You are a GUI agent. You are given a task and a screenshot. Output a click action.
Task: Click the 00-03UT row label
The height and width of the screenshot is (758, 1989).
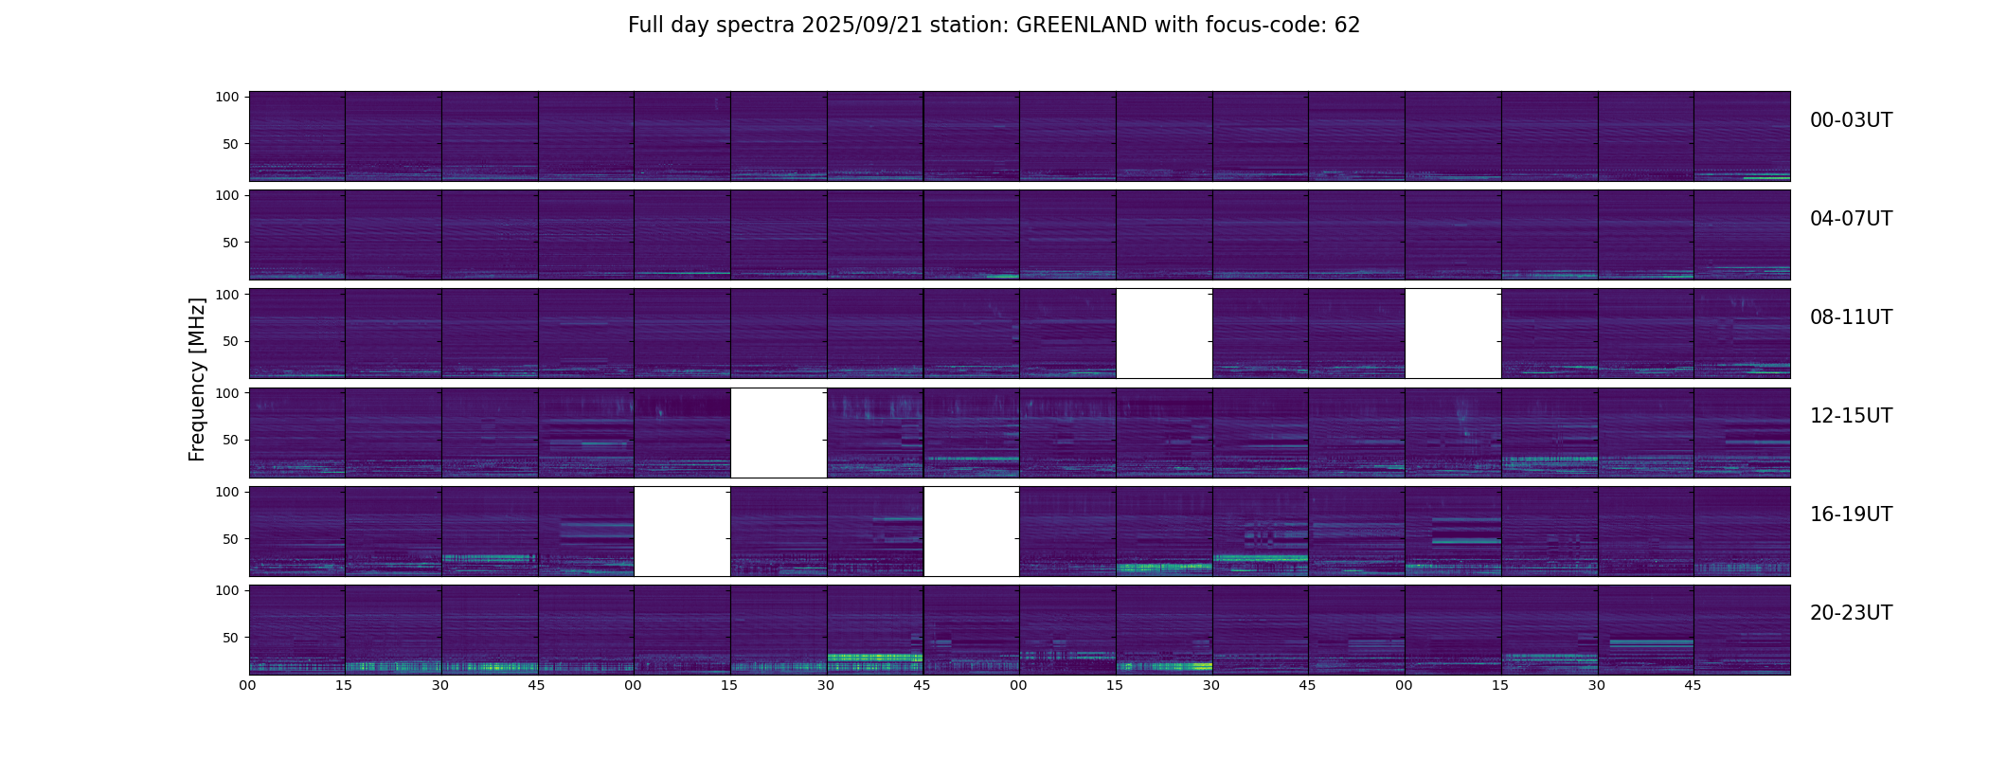coord(1851,120)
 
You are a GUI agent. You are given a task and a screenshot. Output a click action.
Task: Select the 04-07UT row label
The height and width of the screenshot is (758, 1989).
coord(1851,219)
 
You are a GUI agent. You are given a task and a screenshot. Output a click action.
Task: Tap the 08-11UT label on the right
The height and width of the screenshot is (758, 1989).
coord(1851,317)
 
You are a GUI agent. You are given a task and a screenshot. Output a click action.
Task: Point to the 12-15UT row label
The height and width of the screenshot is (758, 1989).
coord(1851,416)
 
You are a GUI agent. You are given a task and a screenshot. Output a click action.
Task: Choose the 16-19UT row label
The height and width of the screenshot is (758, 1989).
coord(1851,514)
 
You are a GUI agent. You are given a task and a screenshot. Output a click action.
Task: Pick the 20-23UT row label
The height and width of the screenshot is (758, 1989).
coord(1851,613)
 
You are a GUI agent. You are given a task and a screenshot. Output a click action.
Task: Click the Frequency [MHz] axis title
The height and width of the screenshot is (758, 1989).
coord(197,379)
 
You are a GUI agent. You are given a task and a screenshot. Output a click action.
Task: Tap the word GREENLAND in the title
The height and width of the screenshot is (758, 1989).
coord(1082,26)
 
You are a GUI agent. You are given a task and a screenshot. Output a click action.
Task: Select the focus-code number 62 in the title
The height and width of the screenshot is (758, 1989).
coord(1347,26)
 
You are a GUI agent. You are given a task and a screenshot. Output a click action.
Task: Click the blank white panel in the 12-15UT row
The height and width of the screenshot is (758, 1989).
coord(779,432)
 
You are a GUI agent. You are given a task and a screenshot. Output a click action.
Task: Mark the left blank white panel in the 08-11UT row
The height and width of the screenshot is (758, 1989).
coord(1164,334)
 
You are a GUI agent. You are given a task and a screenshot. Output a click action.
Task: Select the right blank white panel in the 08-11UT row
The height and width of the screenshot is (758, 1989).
coord(1453,334)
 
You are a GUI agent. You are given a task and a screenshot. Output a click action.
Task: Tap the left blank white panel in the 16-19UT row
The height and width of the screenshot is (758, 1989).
coord(682,531)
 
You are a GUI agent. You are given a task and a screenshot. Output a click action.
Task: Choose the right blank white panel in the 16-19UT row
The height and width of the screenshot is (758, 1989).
coord(971,531)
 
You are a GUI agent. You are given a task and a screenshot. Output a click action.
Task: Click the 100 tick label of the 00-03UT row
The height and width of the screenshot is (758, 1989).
coord(227,97)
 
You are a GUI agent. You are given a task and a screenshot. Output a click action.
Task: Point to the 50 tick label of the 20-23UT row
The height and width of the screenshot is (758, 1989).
coord(230,638)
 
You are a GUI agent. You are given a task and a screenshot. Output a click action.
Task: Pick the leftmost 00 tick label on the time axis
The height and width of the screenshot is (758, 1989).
coord(248,685)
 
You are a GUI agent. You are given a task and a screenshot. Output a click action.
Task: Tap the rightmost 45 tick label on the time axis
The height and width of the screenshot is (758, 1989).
coord(1693,685)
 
